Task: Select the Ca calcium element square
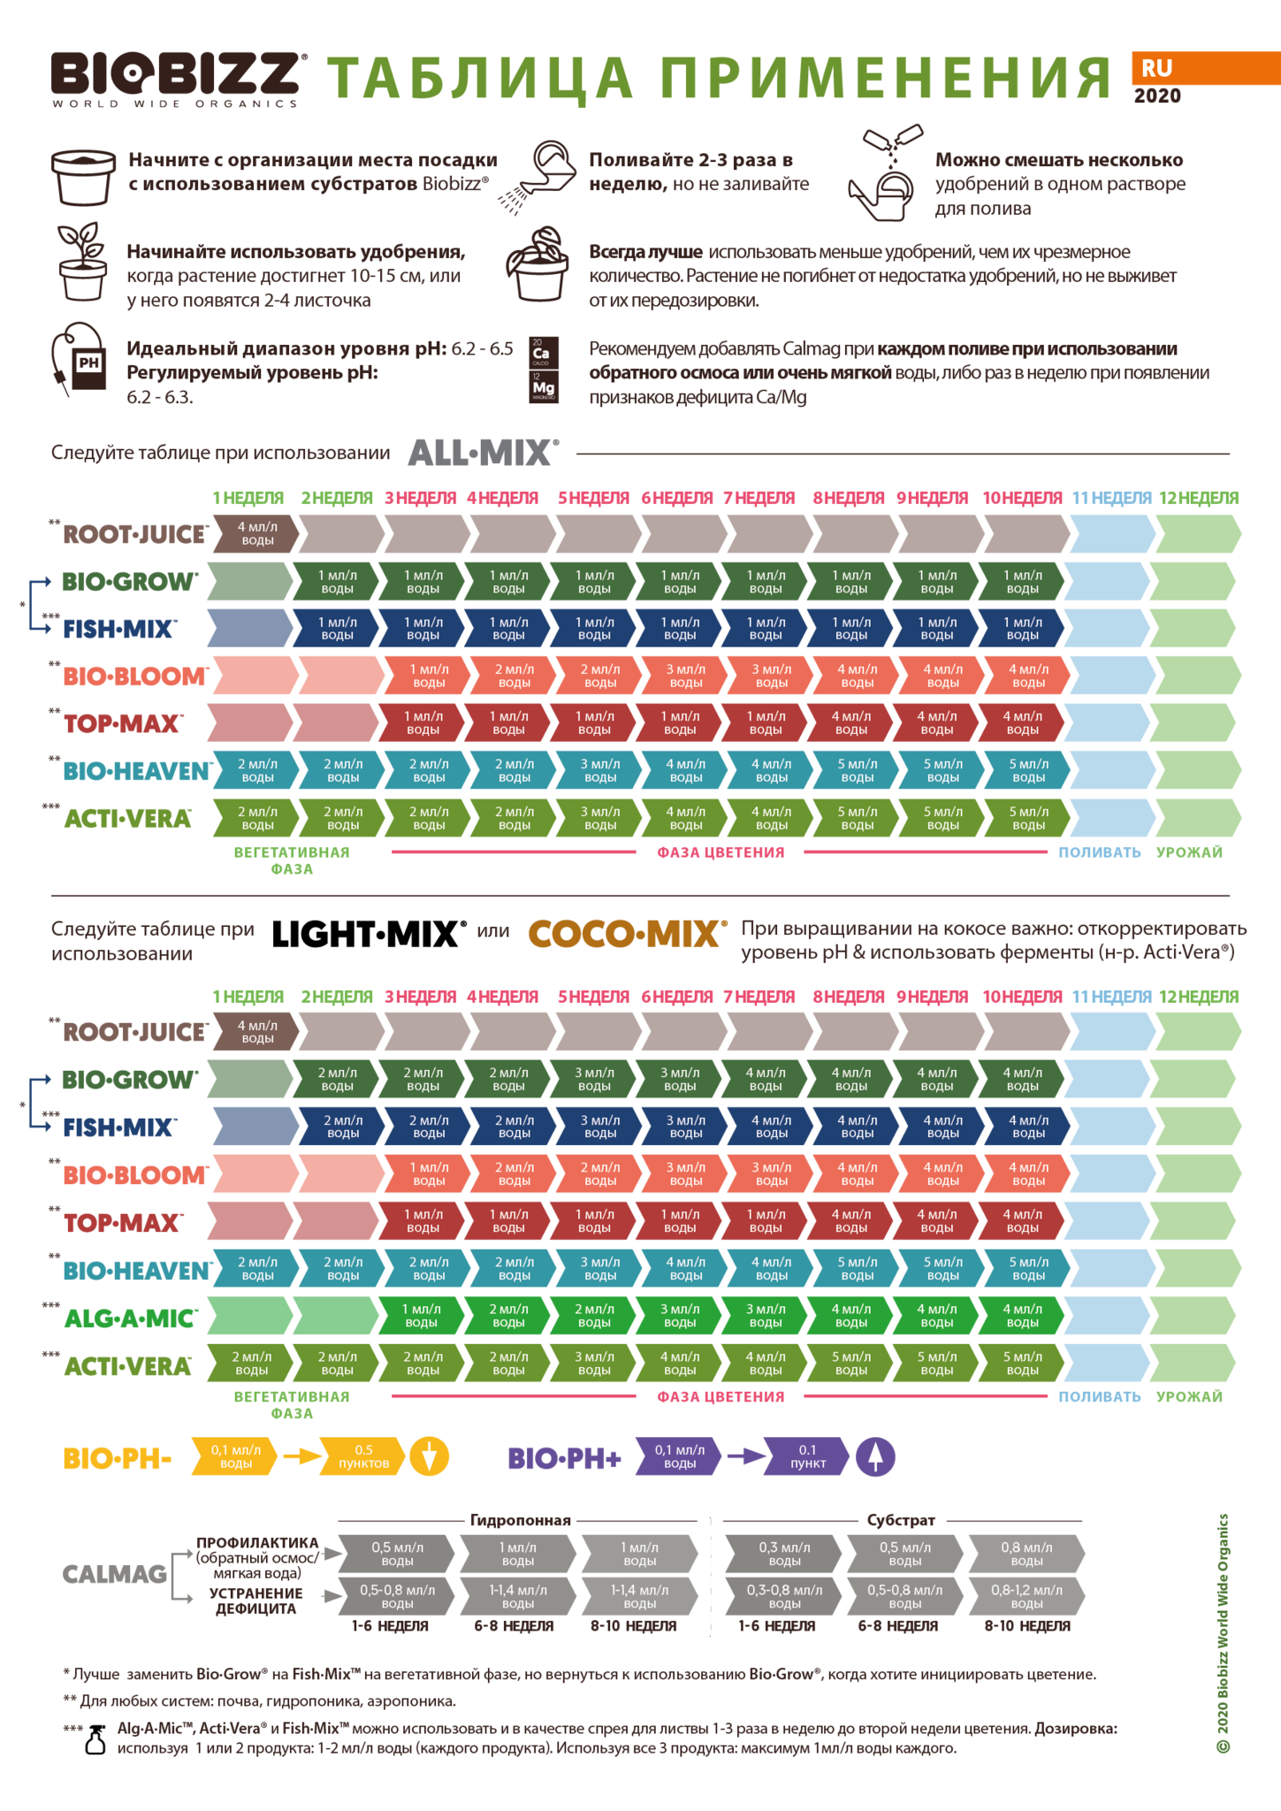544,352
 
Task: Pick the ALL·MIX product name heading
483,453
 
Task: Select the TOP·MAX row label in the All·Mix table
122,723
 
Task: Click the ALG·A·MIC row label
130,1318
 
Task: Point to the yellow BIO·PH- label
118,1457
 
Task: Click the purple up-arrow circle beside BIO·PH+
875,1456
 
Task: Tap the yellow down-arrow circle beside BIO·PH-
429,1456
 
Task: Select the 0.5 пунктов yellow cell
363,1456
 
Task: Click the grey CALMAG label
115,1574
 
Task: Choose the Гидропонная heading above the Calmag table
520,1520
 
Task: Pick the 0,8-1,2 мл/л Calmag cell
1027,1596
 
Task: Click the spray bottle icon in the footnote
95,1739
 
